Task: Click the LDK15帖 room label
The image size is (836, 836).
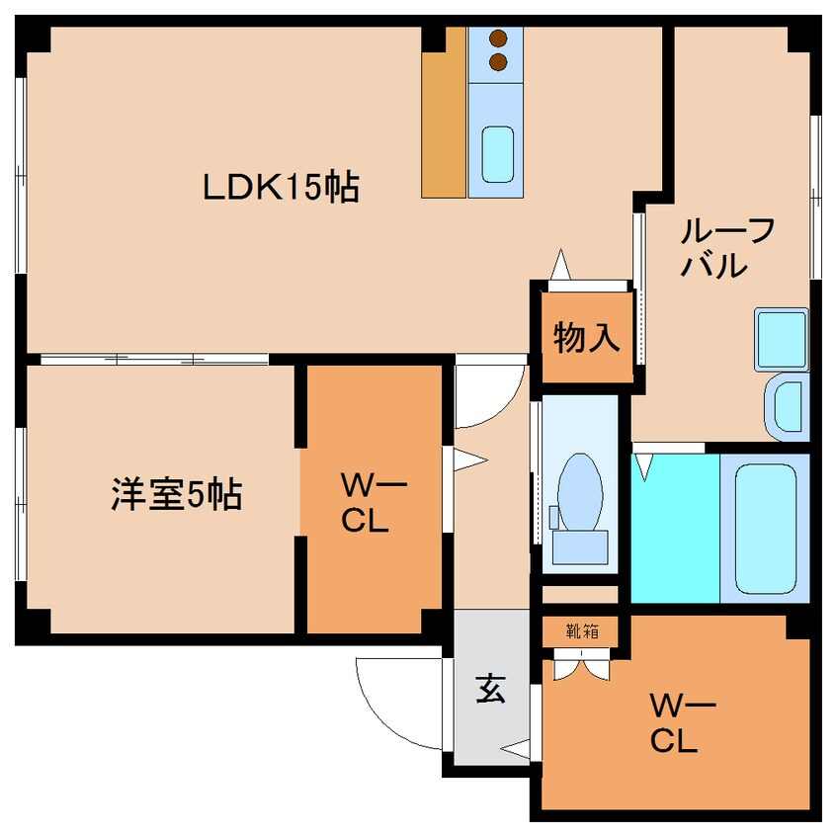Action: pyautogui.click(x=281, y=187)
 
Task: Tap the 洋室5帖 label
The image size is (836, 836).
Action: pyautogui.click(x=175, y=494)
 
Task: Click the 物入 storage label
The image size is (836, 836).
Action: pyautogui.click(x=586, y=338)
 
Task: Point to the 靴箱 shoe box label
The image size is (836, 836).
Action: pyautogui.click(x=583, y=630)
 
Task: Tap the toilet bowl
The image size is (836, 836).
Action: pyautogui.click(x=579, y=485)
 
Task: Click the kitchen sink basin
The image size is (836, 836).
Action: pyautogui.click(x=497, y=152)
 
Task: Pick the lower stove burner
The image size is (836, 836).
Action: pyautogui.click(x=498, y=64)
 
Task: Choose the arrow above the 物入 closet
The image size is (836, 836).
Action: pyautogui.click(x=560, y=265)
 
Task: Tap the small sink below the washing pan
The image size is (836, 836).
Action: pyautogui.click(x=788, y=405)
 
